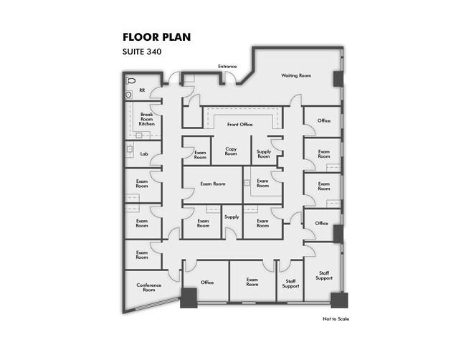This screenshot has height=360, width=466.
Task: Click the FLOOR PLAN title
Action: coord(156,37)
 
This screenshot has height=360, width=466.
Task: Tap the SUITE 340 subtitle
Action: coord(142,52)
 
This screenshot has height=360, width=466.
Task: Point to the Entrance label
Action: coord(227,66)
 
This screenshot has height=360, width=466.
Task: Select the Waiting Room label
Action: coord(296,75)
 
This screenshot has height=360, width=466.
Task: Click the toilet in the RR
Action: coord(130,80)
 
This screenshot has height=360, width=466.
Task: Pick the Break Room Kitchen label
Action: coord(147,119)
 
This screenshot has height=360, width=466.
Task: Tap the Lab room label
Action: coord(144,154)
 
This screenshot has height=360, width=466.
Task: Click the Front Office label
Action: coord(240,125)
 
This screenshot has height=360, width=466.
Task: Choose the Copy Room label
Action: coord(231,151)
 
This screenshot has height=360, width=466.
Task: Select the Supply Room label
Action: coord(264,153)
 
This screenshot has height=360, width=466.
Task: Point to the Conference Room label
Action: coord(149,287)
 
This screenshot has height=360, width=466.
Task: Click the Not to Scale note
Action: coord(336,319)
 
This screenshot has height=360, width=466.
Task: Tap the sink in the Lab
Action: coord(130,149)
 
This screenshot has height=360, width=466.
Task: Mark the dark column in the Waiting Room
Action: coord(338,79)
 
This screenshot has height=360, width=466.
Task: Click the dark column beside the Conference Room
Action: coord(189,298)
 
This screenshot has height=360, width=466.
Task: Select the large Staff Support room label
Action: coord(324,275)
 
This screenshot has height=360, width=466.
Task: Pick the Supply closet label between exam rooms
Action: coord(232,217)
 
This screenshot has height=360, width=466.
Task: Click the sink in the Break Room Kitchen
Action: coord(139,136)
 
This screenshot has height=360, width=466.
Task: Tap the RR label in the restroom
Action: coord(142,90)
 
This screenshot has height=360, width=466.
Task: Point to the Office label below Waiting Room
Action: coord(324,120)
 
